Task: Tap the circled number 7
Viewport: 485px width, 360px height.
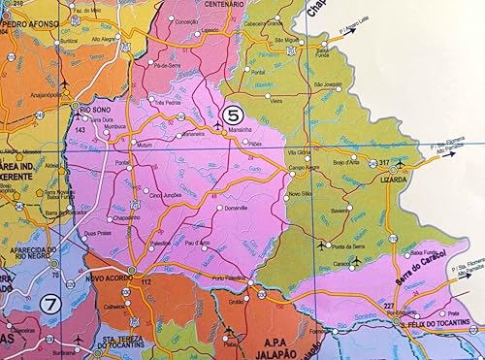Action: tap(51, 303)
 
